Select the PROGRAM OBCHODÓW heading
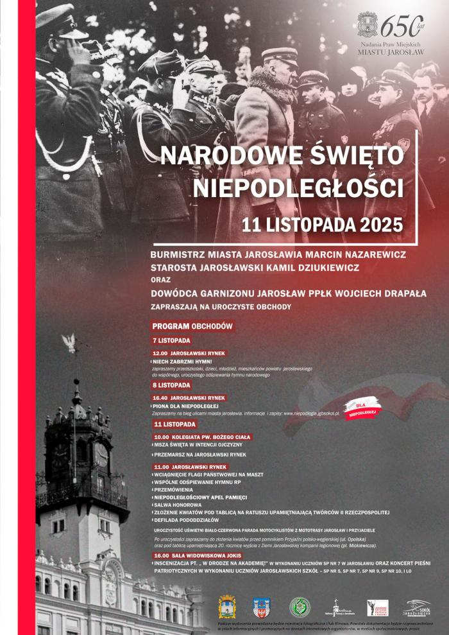(192, 326)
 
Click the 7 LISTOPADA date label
(172, 340)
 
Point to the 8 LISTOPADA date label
(172, 385)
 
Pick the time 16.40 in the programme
(160, 398)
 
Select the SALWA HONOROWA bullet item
(178, 505)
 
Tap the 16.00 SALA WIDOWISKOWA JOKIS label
(198, 556)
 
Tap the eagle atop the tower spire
(70, 342)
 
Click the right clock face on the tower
(101, 455)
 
